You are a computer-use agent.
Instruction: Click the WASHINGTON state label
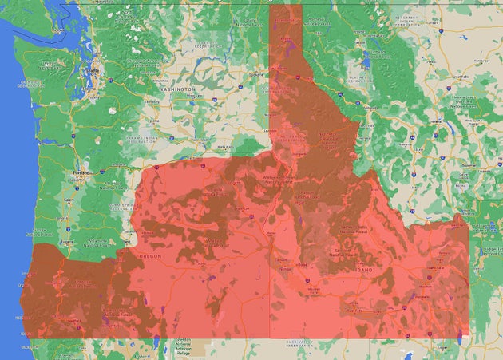[177, 90]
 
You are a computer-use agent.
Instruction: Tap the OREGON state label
[150, 256]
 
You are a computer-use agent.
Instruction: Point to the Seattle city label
[97, 71]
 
